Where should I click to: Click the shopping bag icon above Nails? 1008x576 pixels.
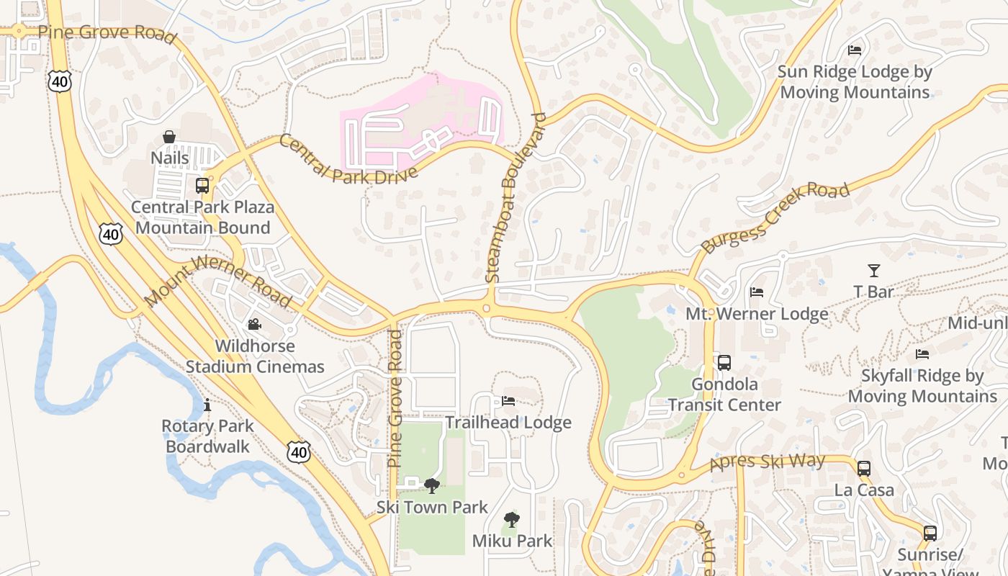tap(168, 137)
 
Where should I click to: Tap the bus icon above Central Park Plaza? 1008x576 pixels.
tap(202, 186)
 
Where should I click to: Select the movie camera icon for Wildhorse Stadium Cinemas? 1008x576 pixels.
tap(254, 325)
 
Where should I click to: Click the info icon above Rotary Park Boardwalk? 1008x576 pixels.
tap(207, 405)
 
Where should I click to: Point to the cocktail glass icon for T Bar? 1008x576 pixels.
tap(873, 271)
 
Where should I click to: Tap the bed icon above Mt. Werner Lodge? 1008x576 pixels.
tap(757, 292)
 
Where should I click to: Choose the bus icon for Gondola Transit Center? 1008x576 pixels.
tap(724, 363)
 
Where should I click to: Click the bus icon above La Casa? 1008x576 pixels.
tap(864, 469)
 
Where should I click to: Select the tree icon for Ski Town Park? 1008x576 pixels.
tap(432, 486)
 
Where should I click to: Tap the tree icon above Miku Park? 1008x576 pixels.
tap(511, 519)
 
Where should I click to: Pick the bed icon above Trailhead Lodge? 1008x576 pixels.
tap(508, 401)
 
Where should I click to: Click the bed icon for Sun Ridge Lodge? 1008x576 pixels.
tap(855, 50)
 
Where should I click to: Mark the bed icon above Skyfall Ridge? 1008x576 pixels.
tap(922, 354)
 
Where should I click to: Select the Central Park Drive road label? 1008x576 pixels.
tap(348, 160)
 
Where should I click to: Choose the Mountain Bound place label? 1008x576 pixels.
tap(202, 228)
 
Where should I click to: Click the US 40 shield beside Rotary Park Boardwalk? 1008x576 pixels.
tap(298, 451)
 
